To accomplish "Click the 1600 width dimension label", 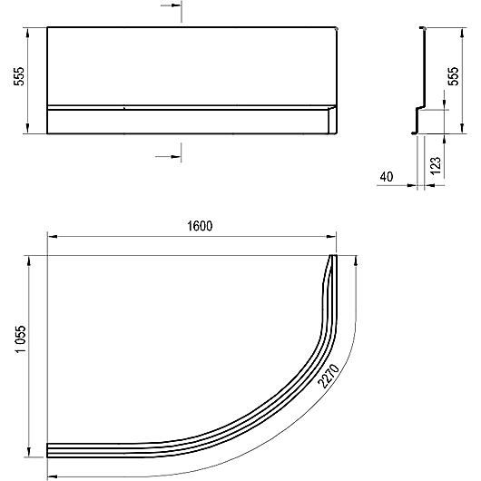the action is click(200, 226).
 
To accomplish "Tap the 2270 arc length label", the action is click(329, 376).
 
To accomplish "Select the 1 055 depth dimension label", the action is click(21, 339).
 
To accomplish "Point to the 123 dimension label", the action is click(436, 166).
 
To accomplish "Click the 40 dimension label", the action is click(387, 177).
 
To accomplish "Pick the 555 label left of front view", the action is click(19, 76).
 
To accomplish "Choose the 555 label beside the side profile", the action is click(454, 76).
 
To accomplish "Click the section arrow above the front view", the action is click(171, 5).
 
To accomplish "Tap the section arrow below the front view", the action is click(168, 157).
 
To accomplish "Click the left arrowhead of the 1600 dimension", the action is click(53, 237).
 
